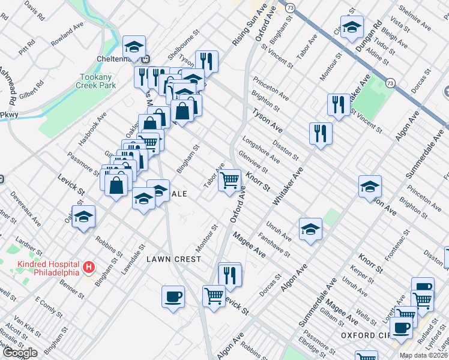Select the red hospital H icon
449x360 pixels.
tap(88, 266)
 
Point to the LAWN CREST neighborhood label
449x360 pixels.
tap(173, 258)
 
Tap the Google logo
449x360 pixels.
tap(19, 353)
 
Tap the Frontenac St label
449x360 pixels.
tap(399, 246)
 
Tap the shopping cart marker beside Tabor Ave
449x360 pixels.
tap(229, 180)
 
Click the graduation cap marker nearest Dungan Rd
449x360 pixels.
tap(352, 27)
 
